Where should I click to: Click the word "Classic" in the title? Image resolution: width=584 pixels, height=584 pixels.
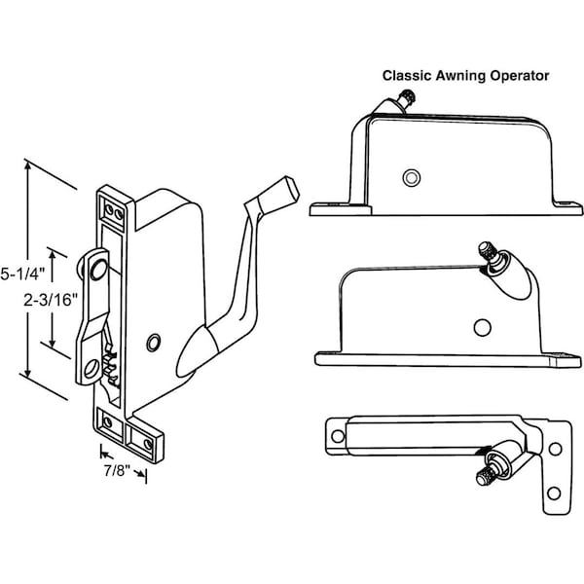[x=406, y=74]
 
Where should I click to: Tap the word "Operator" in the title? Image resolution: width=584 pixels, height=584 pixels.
[x=523, y=74]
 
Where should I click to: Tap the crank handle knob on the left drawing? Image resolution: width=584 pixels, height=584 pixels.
[x=282, y=190]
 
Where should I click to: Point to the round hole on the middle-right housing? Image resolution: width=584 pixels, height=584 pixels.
[x=482, y=324]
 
